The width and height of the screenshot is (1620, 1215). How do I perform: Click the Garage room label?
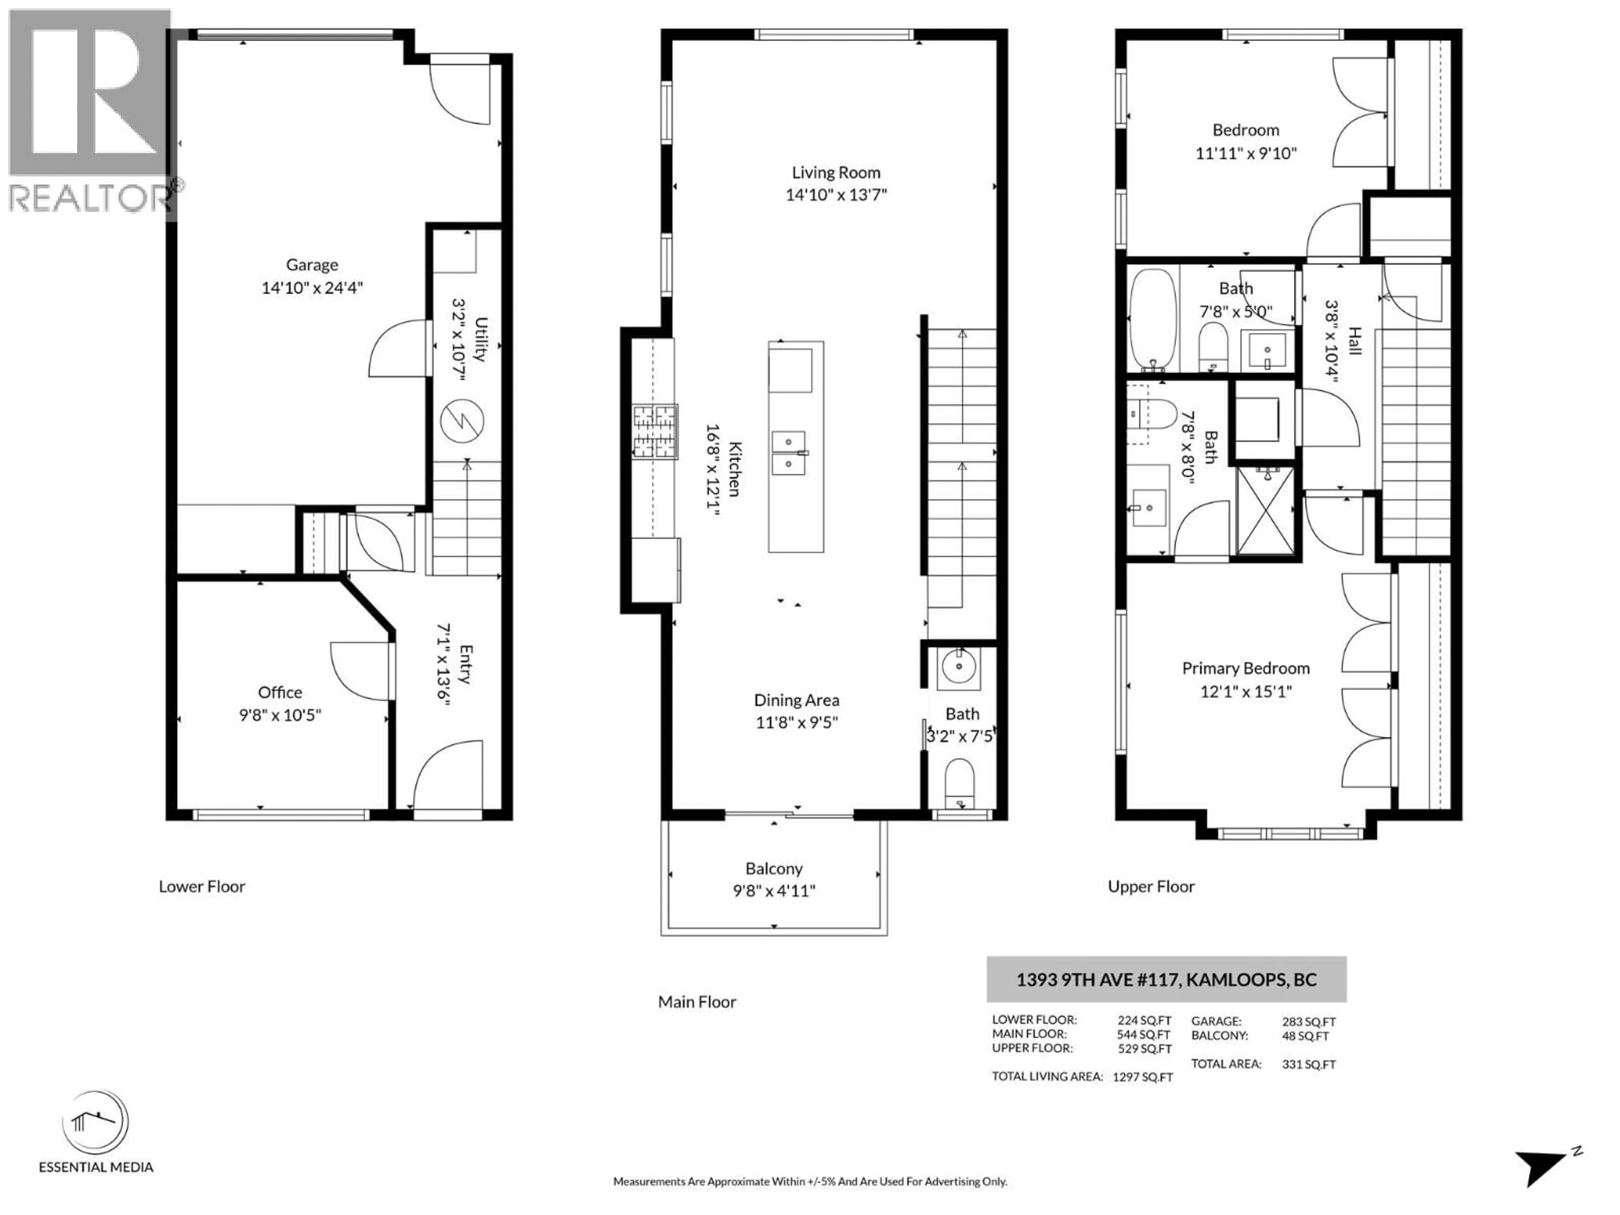(312, 265)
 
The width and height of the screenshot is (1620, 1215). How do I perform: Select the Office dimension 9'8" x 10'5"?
(280, 715)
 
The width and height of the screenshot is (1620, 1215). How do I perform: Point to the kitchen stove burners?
(655, 432)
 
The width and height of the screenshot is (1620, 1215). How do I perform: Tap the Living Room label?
(836, 173)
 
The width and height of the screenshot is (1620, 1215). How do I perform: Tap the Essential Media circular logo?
(95, 1122)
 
